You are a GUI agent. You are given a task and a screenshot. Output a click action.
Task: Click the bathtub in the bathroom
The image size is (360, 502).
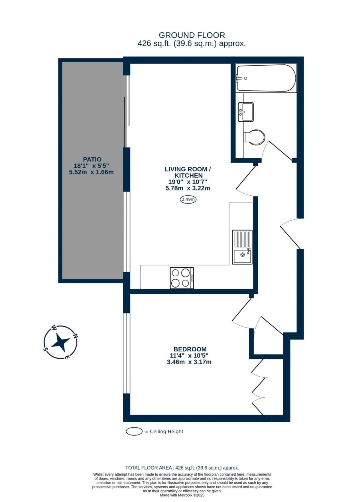click(x=266, y=78)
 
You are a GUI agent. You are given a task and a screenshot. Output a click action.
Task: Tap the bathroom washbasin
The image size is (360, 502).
click(x=246, y=112)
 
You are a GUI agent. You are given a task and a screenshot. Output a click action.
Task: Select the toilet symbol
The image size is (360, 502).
click(x=254, y=137)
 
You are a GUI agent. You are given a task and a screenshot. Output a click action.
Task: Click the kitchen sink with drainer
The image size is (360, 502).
click(x=242, y=247)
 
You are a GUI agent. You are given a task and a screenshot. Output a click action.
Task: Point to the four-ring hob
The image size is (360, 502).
click(x=182, y=278)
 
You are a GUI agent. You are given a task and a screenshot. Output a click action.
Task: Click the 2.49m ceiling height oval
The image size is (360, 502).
click(x=188, y=199)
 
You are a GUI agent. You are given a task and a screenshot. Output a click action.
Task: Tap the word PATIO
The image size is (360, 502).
click(x=92, y=159)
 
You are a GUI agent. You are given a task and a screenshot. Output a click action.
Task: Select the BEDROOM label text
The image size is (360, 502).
click(x=190, y=349)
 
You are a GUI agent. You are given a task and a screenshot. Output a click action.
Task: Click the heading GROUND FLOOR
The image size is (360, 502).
click(x=192, y=35)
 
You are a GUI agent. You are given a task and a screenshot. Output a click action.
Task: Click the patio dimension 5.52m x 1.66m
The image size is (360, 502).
click(x=91, y=172)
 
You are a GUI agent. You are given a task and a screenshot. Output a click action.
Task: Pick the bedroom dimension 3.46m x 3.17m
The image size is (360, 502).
click(x=189, y=362)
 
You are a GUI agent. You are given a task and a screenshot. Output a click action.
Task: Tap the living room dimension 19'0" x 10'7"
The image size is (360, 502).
click(x=188, y=182)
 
